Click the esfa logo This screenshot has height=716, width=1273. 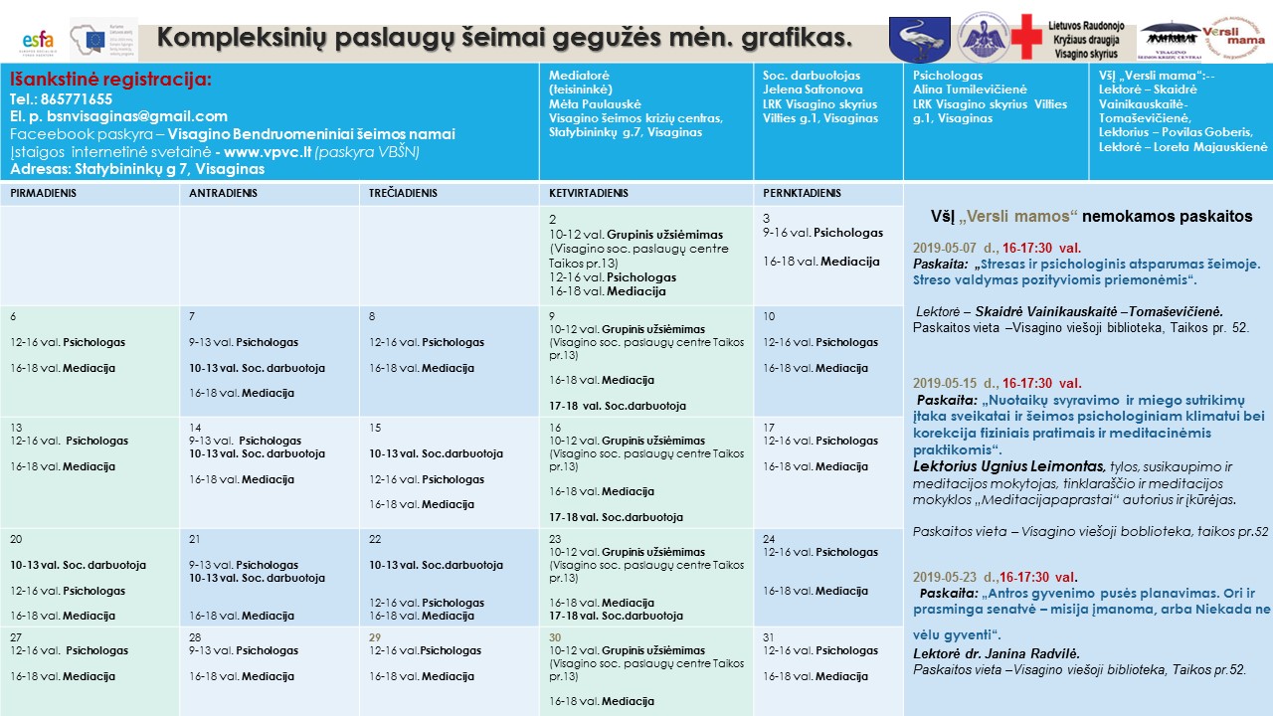click(x=38, y=41)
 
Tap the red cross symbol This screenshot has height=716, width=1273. click(x=1029, y=38)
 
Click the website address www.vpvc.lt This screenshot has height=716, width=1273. click(x=258, y=151)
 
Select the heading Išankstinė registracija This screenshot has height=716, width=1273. click(x=110, y=80)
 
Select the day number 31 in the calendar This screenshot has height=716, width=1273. click(x=769, y=637)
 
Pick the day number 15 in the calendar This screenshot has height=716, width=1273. click(x=375, y=428)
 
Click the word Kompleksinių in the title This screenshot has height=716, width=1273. click(x=238, y=38)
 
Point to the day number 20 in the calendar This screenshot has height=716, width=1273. click(x=17, y=539)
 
